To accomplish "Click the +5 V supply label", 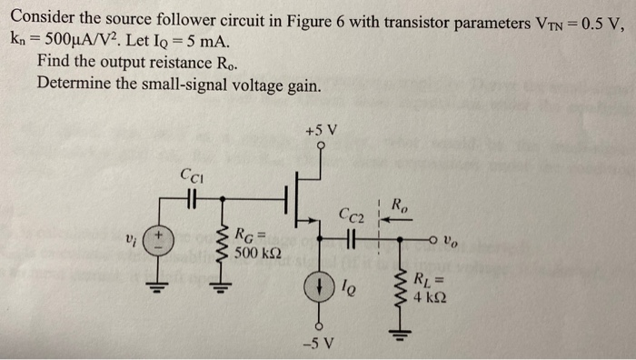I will (321, 129).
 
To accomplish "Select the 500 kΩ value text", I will (256, 252).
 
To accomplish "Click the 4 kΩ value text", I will (431, 296).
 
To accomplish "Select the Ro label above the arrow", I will (399, 206).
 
